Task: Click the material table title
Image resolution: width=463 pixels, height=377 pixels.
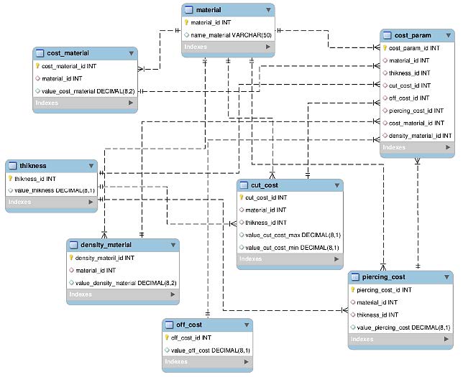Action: point(208,9)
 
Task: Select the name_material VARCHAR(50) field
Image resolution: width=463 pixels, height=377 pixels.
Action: point(229,34)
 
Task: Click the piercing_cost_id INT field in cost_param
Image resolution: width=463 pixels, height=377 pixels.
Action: point(416,111)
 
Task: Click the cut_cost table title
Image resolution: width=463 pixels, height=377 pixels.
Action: point(265,185)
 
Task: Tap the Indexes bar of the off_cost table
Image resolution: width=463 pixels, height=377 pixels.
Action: point(208,361)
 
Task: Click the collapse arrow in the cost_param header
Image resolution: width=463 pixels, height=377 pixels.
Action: point(447,35)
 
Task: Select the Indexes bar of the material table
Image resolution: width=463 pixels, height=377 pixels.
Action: point(227,47)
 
